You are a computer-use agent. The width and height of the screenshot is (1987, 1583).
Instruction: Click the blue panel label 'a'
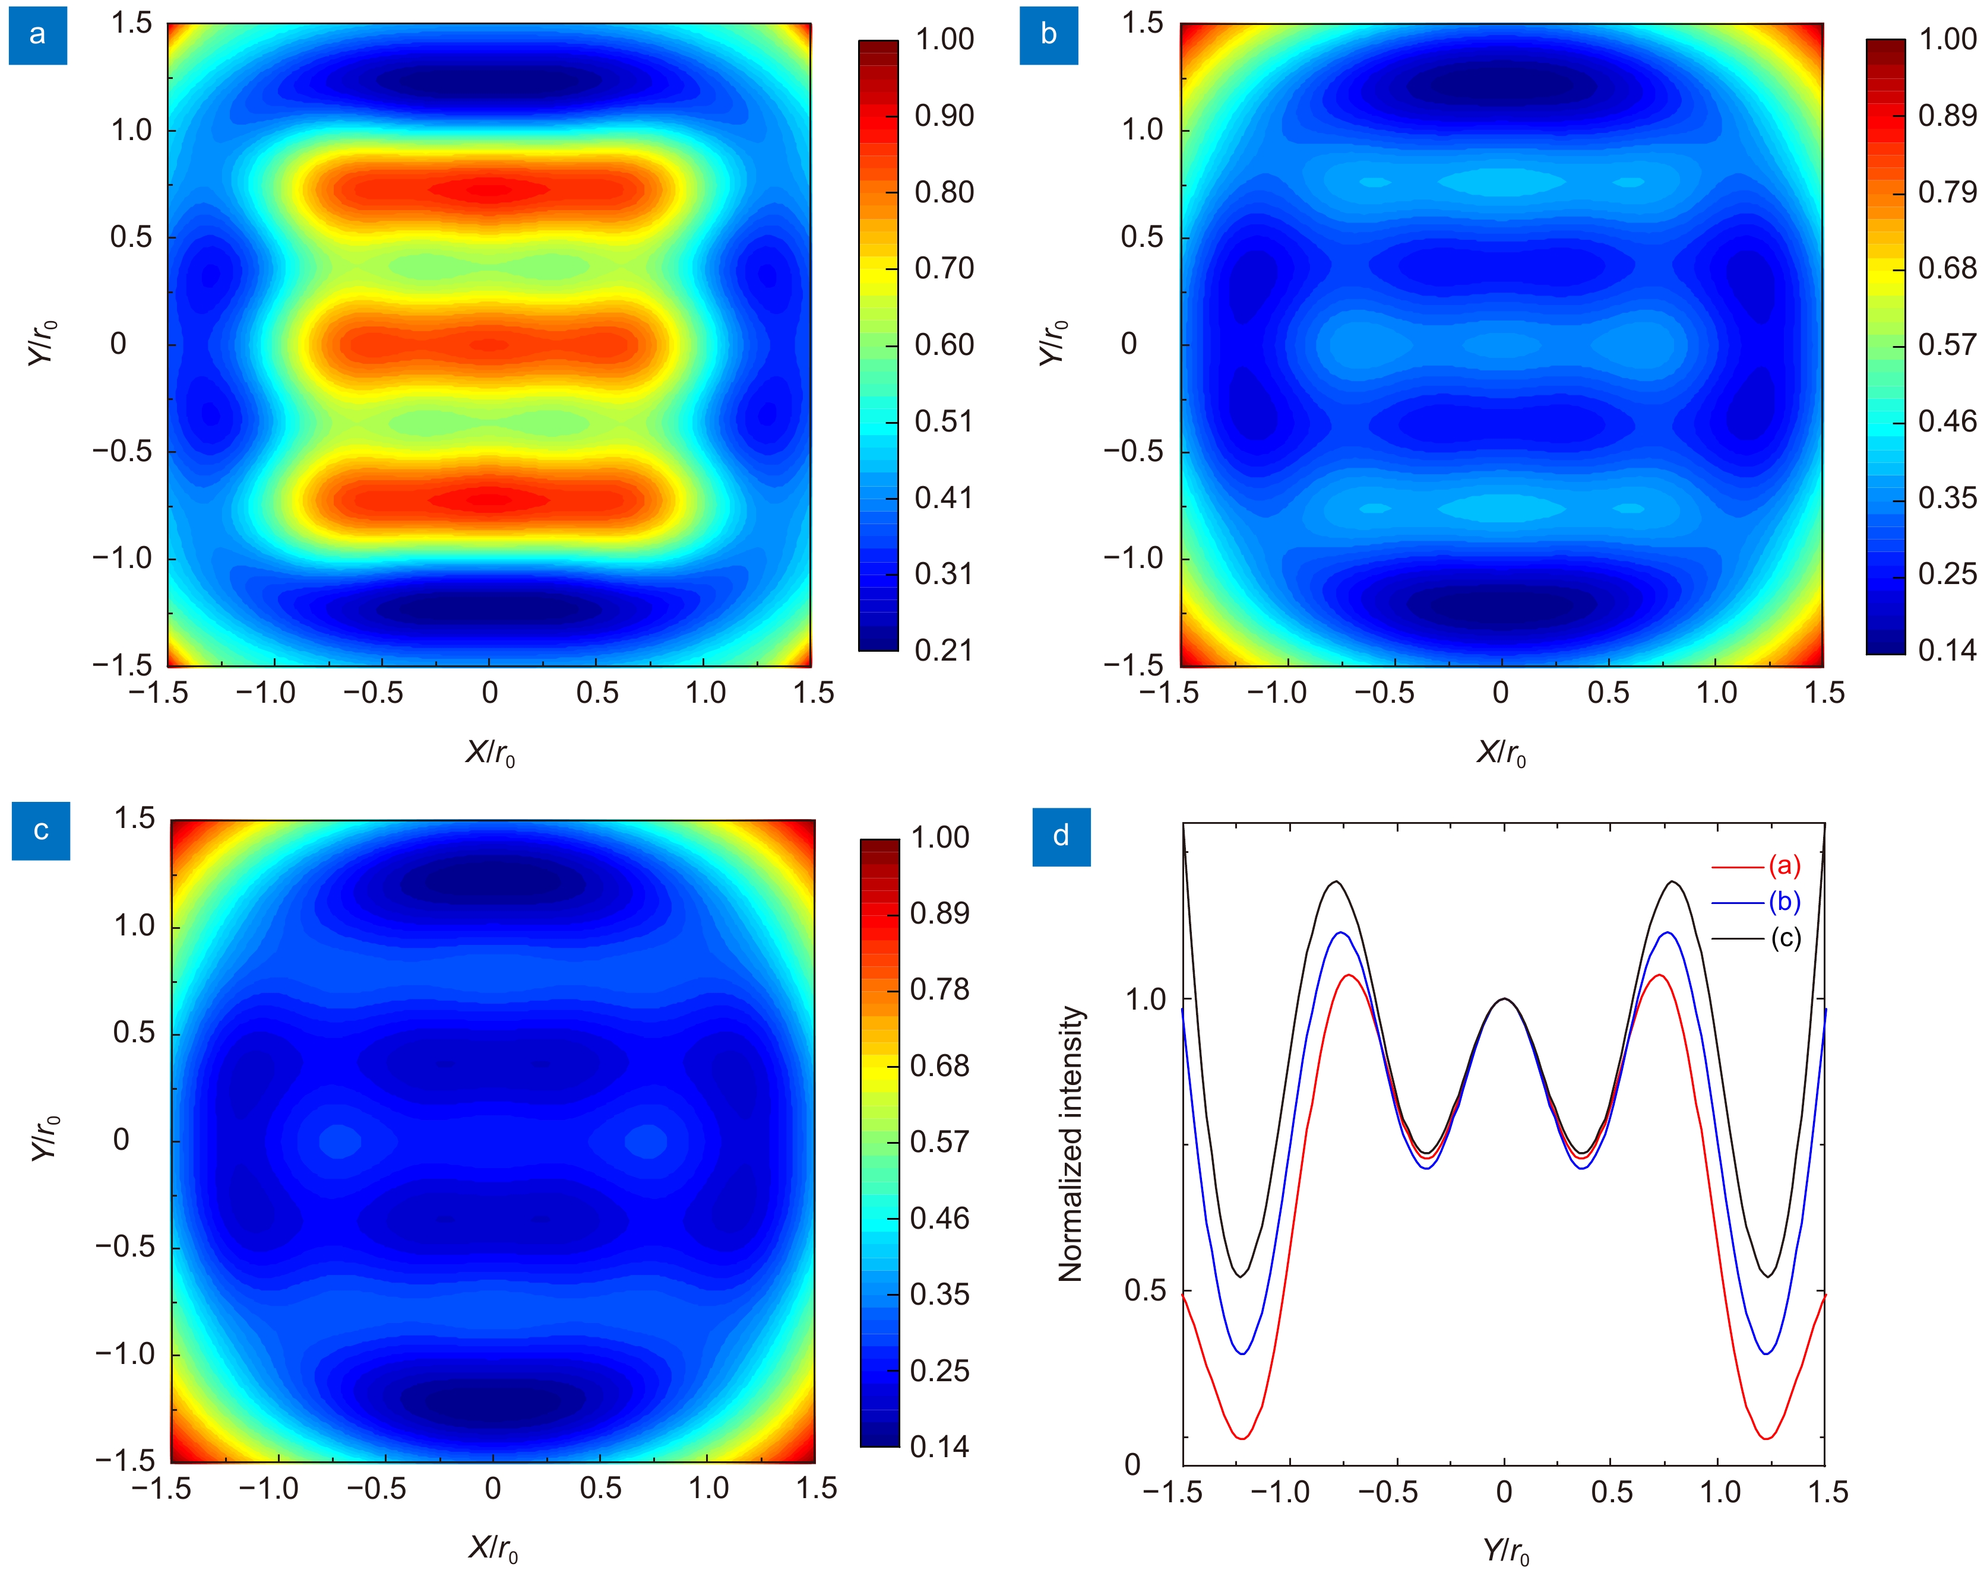click(x=38, y=35)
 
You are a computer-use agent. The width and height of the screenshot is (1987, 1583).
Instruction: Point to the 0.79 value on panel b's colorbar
click(x=1947, y=192)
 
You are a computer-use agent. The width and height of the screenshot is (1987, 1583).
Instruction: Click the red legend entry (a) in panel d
click(x=1783, y=866)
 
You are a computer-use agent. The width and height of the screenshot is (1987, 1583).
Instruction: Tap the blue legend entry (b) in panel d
click(x=1783, y=902)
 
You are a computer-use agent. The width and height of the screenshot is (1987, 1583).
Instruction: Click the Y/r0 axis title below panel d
click(x=1505, y=1552)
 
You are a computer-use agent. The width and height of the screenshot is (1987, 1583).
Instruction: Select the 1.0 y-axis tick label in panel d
click(x=1145, y=1000)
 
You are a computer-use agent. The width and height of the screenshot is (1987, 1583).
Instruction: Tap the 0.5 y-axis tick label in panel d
click(x=1145, y=1291)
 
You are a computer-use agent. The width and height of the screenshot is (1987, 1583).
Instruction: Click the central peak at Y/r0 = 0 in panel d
click(x=1504, y=999)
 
